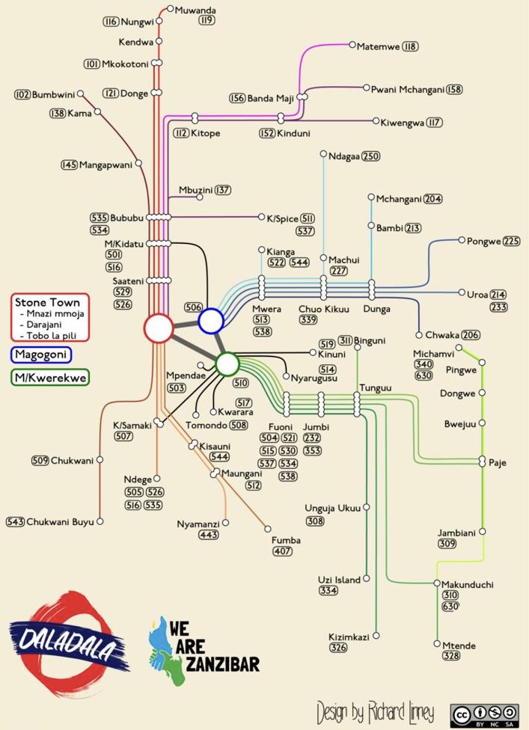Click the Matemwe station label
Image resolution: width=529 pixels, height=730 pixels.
pos(378,46)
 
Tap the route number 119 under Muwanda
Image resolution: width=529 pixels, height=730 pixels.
pos(207,20)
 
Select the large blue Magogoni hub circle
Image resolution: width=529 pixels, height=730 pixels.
pos(211,321)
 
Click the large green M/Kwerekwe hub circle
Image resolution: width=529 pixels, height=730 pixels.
pos(227,364)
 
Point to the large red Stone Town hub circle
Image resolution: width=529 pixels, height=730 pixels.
pos(159,328)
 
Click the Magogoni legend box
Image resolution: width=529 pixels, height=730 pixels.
pos(41,355)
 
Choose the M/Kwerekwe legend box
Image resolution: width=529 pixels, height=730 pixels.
pos(50,378)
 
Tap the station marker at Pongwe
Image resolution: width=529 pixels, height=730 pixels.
pos(462,240)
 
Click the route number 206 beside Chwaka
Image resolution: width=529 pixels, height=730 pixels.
pos(471,335)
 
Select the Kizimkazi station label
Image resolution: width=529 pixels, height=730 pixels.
pos(349,637)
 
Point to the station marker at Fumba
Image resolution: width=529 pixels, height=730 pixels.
pos(268,529)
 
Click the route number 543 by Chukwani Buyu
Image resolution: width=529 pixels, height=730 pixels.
pos(16,522)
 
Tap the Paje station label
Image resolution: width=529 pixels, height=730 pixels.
pos(498,463)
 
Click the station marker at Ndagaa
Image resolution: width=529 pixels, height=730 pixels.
pos(323,153)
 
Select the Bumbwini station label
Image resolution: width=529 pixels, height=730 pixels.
pos(53,95)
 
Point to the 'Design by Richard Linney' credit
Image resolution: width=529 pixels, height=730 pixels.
pos(376,712)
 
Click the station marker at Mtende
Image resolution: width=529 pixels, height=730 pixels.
pos(437,643)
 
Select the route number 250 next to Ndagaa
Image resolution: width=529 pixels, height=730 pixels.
pos(370,156)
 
